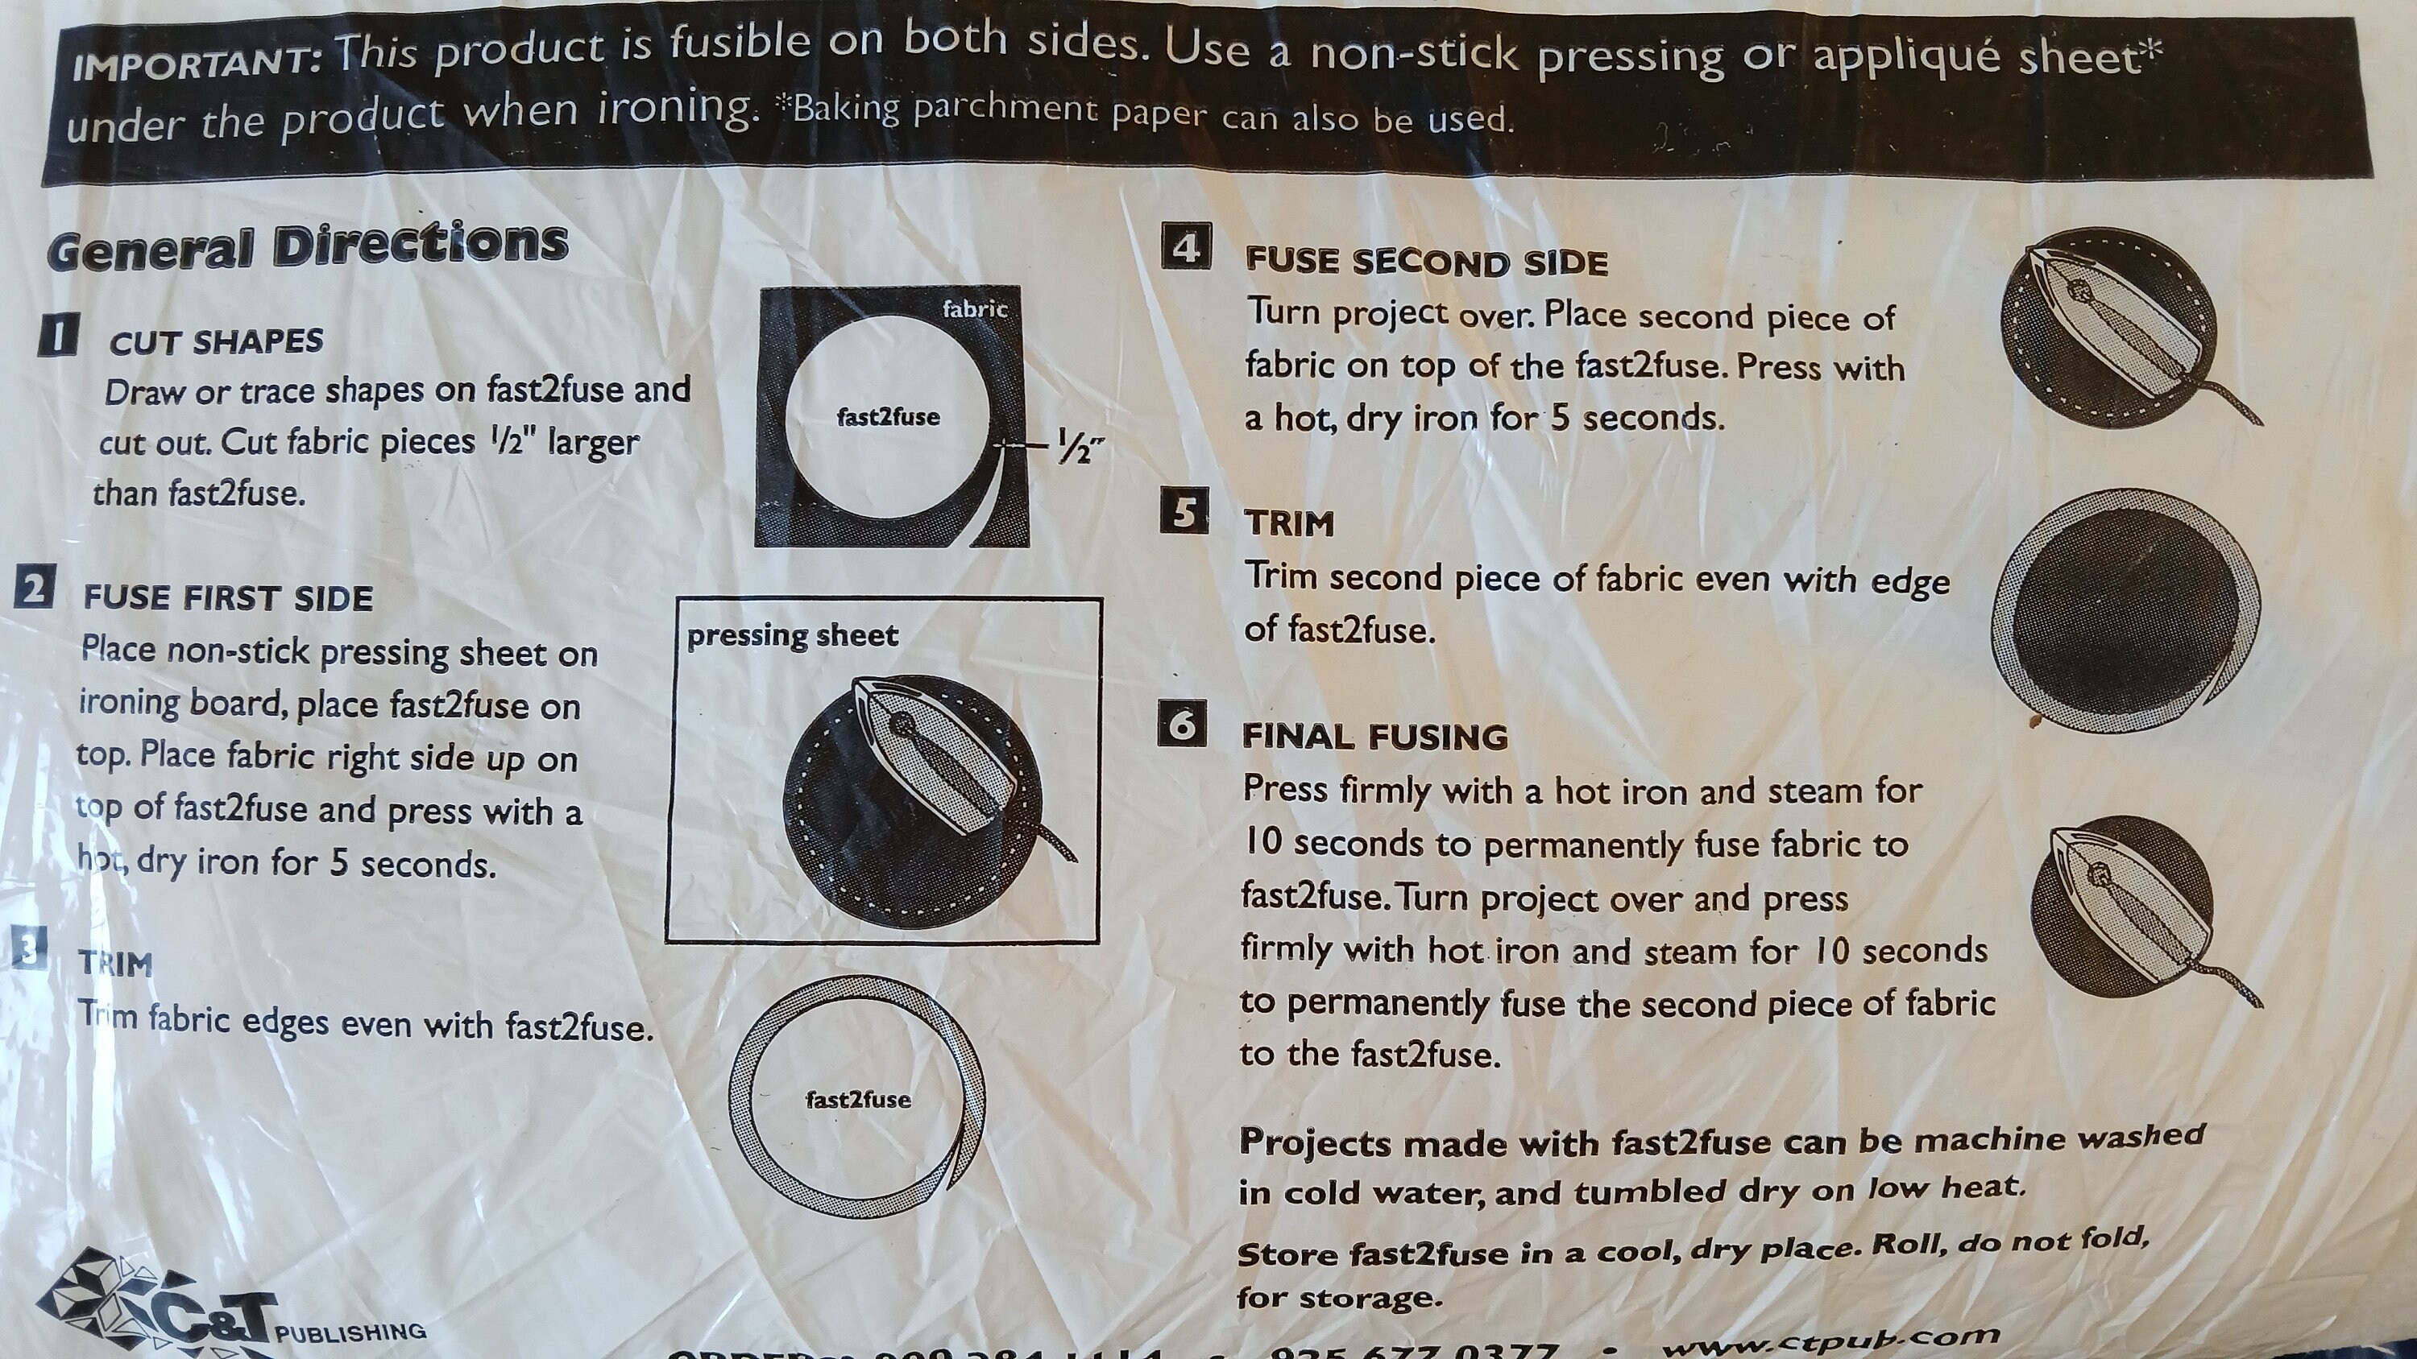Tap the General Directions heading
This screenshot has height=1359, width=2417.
click(308, 246)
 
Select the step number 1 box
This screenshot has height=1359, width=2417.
click(57, 335)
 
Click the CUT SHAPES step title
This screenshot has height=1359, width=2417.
click(216, 342)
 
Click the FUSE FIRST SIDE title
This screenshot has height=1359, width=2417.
click(228, 597)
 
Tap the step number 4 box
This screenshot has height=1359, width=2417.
click(1186, 246)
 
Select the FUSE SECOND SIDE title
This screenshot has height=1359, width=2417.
click(1426, 262)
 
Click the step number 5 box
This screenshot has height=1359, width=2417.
click(1184, 512)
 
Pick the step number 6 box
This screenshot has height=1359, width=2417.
click(1182, 724)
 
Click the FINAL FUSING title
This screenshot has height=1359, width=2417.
click(1374, 737)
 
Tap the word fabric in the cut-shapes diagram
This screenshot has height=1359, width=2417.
click(974, 308)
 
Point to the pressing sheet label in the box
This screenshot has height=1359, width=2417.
click(792, 636)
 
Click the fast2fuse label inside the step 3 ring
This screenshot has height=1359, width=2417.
click(857, 1099)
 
